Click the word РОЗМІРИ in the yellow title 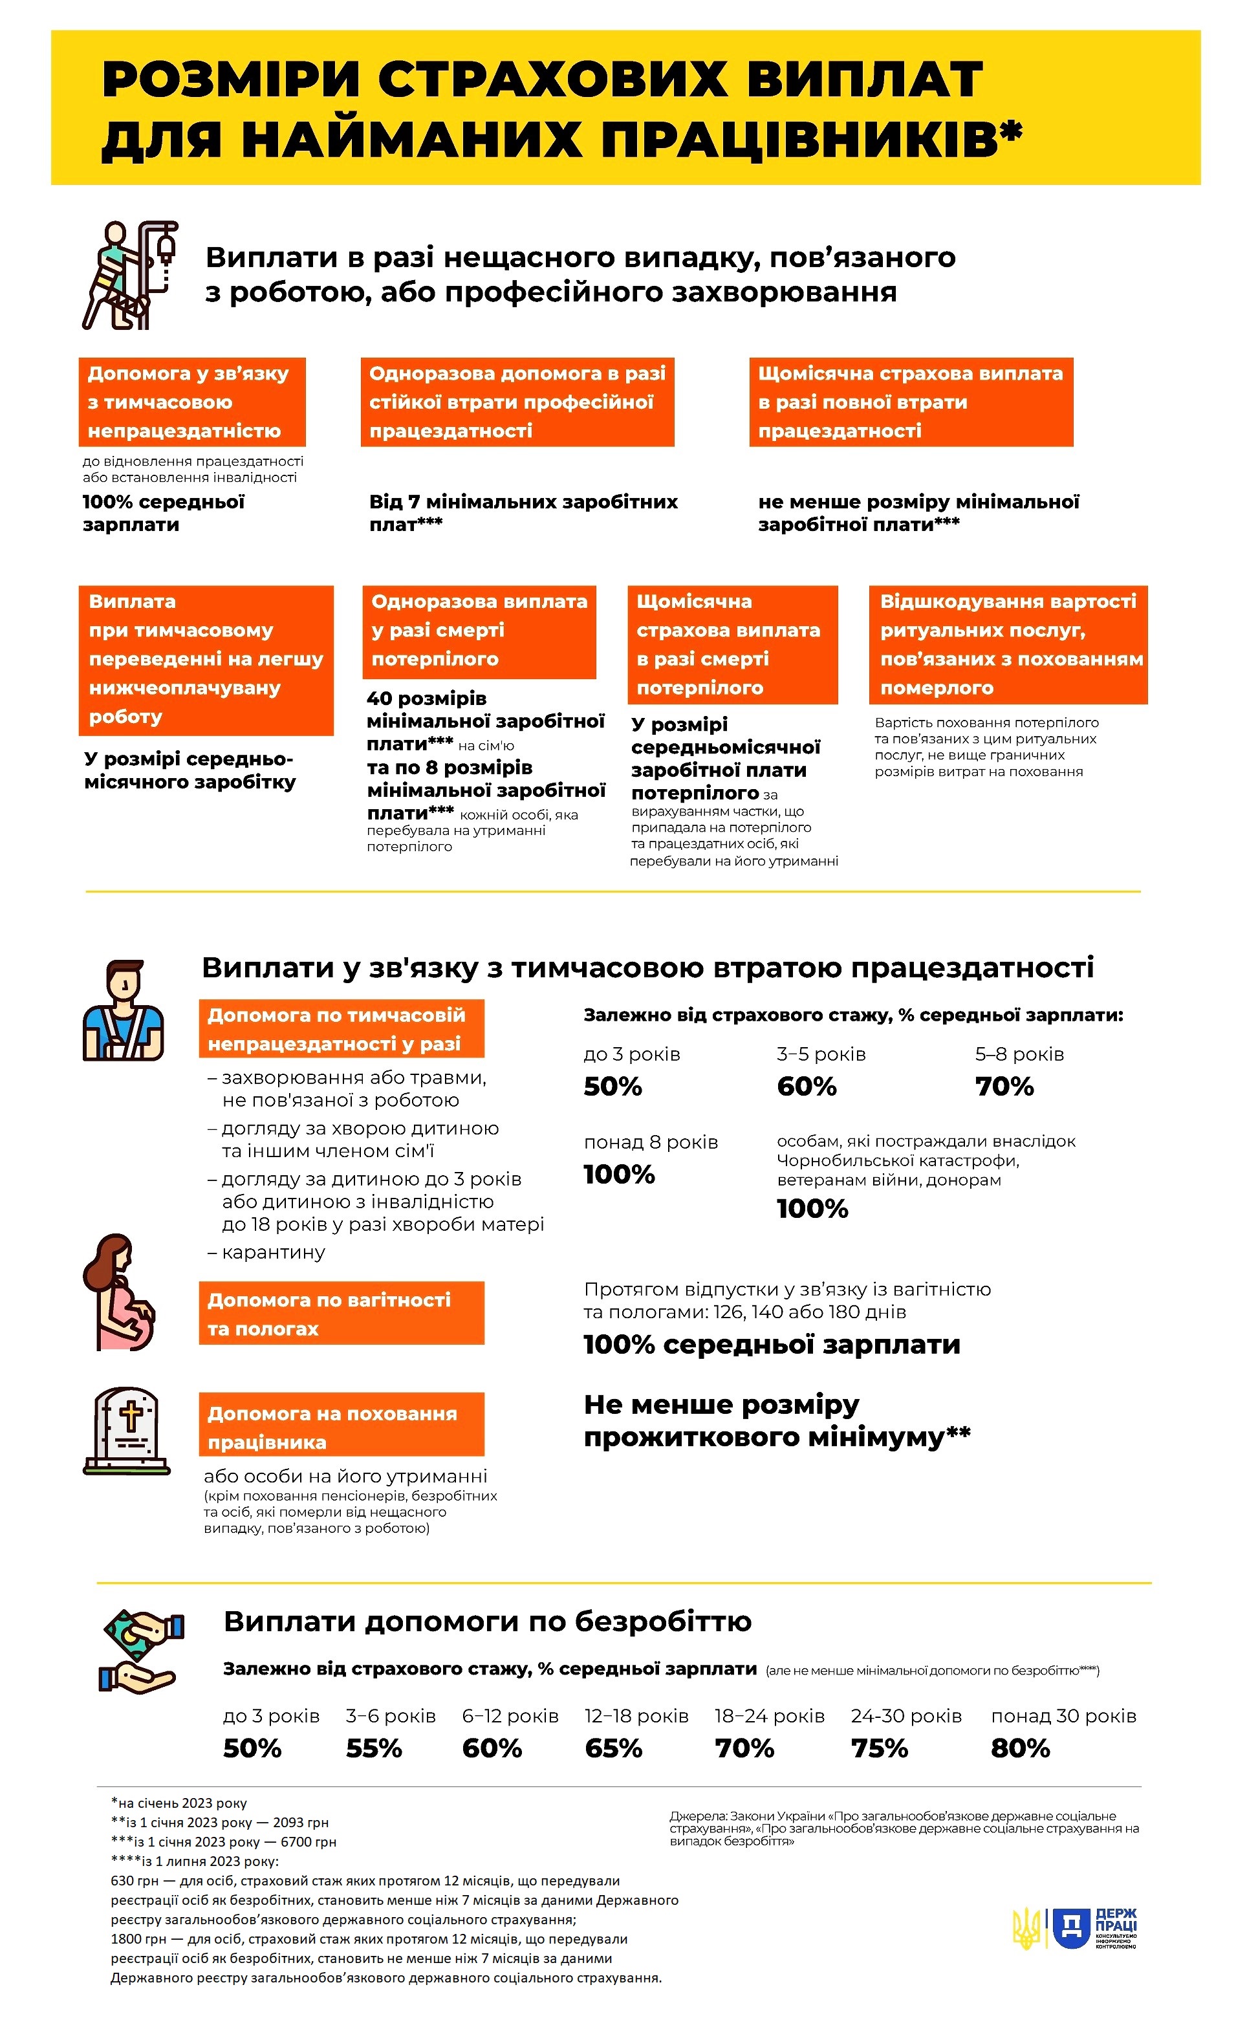[x=231, y=80]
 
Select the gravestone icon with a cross [x=127, y=1430]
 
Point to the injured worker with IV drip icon [x=130, y=275]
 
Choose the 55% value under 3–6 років [x=374, y=1748]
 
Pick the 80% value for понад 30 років [x=1020, y=1748]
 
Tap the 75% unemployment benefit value [x=879, y=1748]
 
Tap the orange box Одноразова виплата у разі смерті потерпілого [x=479, y=632]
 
